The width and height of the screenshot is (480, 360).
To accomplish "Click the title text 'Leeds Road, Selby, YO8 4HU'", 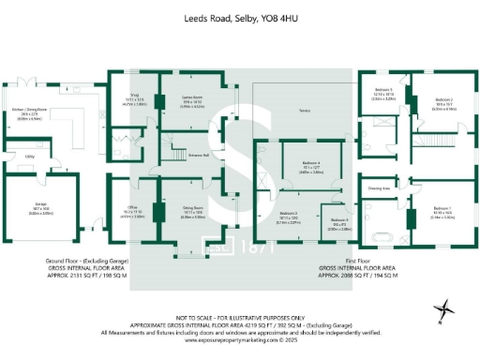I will pos(239,17).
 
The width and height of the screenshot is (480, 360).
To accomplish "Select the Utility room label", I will pos(30,157).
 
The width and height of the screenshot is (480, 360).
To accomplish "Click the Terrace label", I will pos(304,110).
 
